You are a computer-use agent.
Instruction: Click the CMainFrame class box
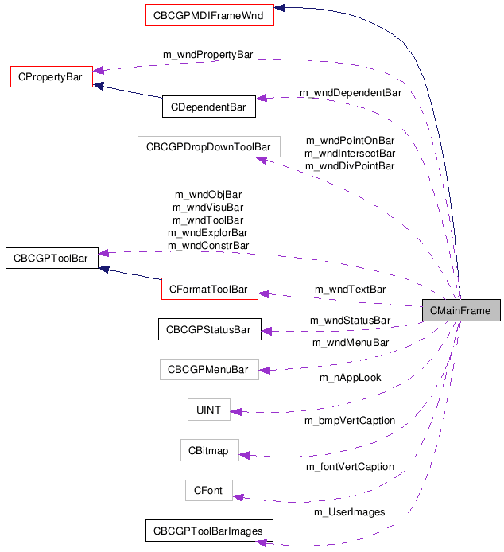(461, 310)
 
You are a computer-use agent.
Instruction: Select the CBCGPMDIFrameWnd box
(209, 14)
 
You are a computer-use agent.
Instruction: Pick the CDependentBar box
(208, 107)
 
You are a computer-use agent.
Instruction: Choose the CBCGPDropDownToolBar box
(208, 146)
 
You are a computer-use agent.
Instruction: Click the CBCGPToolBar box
(51, 258)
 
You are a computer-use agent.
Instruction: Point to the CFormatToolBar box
(209, 289)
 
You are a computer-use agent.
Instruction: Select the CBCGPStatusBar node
(208, 329)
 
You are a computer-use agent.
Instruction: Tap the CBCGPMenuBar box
(209, 370)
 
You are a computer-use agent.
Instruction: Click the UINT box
(208, 410)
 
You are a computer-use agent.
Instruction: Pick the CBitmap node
(208, 451)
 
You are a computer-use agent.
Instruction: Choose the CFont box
(208, 491)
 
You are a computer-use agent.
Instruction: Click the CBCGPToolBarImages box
(208, 531)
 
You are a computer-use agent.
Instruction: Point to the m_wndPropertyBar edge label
(207, 54)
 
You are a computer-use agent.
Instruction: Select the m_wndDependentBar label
(351, 93)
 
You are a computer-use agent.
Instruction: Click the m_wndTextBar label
(351, 289)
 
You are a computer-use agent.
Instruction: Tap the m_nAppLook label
(351, 378)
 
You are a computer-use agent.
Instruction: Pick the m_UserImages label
(351, 512)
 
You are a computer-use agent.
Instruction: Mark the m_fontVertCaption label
(351, 467)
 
